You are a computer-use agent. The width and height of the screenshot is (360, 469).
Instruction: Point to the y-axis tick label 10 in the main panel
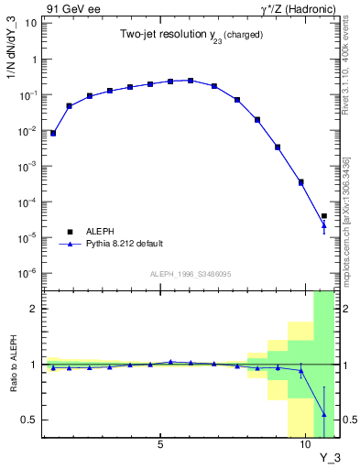(x=30, y=23)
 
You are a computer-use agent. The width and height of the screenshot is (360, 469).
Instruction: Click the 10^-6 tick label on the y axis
(x=28, y=273)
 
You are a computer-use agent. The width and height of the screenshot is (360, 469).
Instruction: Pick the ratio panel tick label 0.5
(x=29, y=420)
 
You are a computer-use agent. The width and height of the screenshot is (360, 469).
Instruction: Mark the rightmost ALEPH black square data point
(x=324, y=216)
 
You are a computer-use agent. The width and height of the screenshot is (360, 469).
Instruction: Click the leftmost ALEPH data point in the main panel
(x=53, y=133)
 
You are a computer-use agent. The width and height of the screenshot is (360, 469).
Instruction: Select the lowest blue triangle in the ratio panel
(x=324, y=414)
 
